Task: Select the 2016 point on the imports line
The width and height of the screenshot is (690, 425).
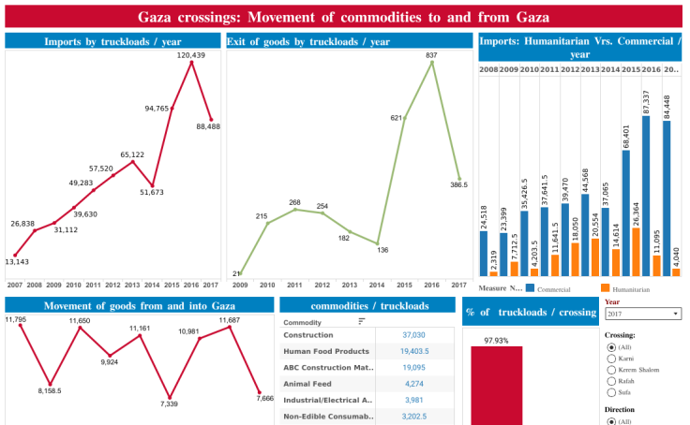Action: coord(192,63)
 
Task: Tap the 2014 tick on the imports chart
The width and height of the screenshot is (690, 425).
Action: coord(153,285)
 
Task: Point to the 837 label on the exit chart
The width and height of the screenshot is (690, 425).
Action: coord(431,56)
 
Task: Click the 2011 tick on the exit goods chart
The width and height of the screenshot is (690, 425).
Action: coord(294,285)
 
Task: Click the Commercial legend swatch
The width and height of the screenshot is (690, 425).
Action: coord(531,288)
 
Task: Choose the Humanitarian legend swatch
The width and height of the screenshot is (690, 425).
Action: coord(606,288)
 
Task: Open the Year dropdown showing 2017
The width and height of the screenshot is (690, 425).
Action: coord(643,314)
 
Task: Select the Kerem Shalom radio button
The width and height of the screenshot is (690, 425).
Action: coord(613,370)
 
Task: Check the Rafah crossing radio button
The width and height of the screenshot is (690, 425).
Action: coord(613,382)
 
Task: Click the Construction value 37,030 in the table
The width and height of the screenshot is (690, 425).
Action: coord(413,334)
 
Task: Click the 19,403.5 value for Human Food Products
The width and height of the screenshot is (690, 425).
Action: coord(412,351)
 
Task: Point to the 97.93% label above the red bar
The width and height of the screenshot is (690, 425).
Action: coord(496,341)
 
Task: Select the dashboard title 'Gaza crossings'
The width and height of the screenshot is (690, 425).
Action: coord(343,17)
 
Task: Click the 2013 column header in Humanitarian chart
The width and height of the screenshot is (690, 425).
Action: coord(591,69)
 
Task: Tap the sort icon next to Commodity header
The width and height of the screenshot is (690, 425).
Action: coord(362,321)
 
